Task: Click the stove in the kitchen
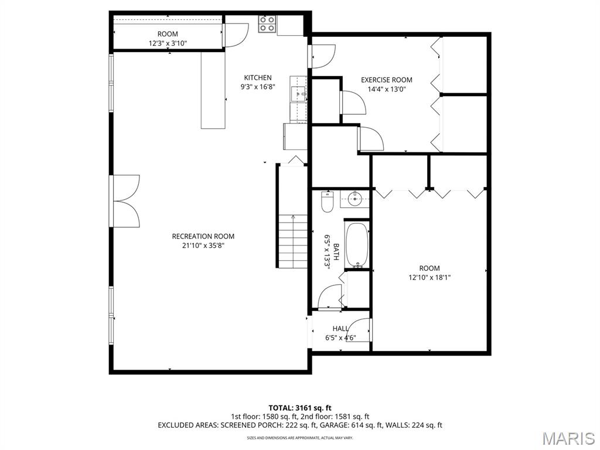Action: pyautogui.click(x=268, y=24)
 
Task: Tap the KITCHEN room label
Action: pyautogui.click(x=258, y=77)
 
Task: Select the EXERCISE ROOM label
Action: pyautogui.click(x=386, y=80)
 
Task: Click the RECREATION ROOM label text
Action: pyautogui.click(x=203, y=236)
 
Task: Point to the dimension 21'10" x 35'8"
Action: pyautogui.click(x=203, y=246)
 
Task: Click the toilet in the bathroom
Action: pyautogui.click(x=327, y=203)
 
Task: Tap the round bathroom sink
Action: pyautogui.click(x=354, y=199)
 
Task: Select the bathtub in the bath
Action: pyautogui.click(x=355, y=244)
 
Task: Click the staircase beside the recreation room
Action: pyautogui.click(x=292, y=240)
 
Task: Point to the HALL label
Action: pyautogui.click(x=340, y=329)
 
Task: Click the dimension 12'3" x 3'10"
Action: pyautogui.click(x=167, y=43)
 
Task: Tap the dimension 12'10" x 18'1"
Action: pyautogui.click(x=429, y=278)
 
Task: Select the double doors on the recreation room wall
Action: pyautogui.click(x=126, y=200)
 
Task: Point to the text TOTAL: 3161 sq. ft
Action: pyautogui.click(x=300, y=407)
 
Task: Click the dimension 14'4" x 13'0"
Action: pyautogui.click(x=386, y=89)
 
